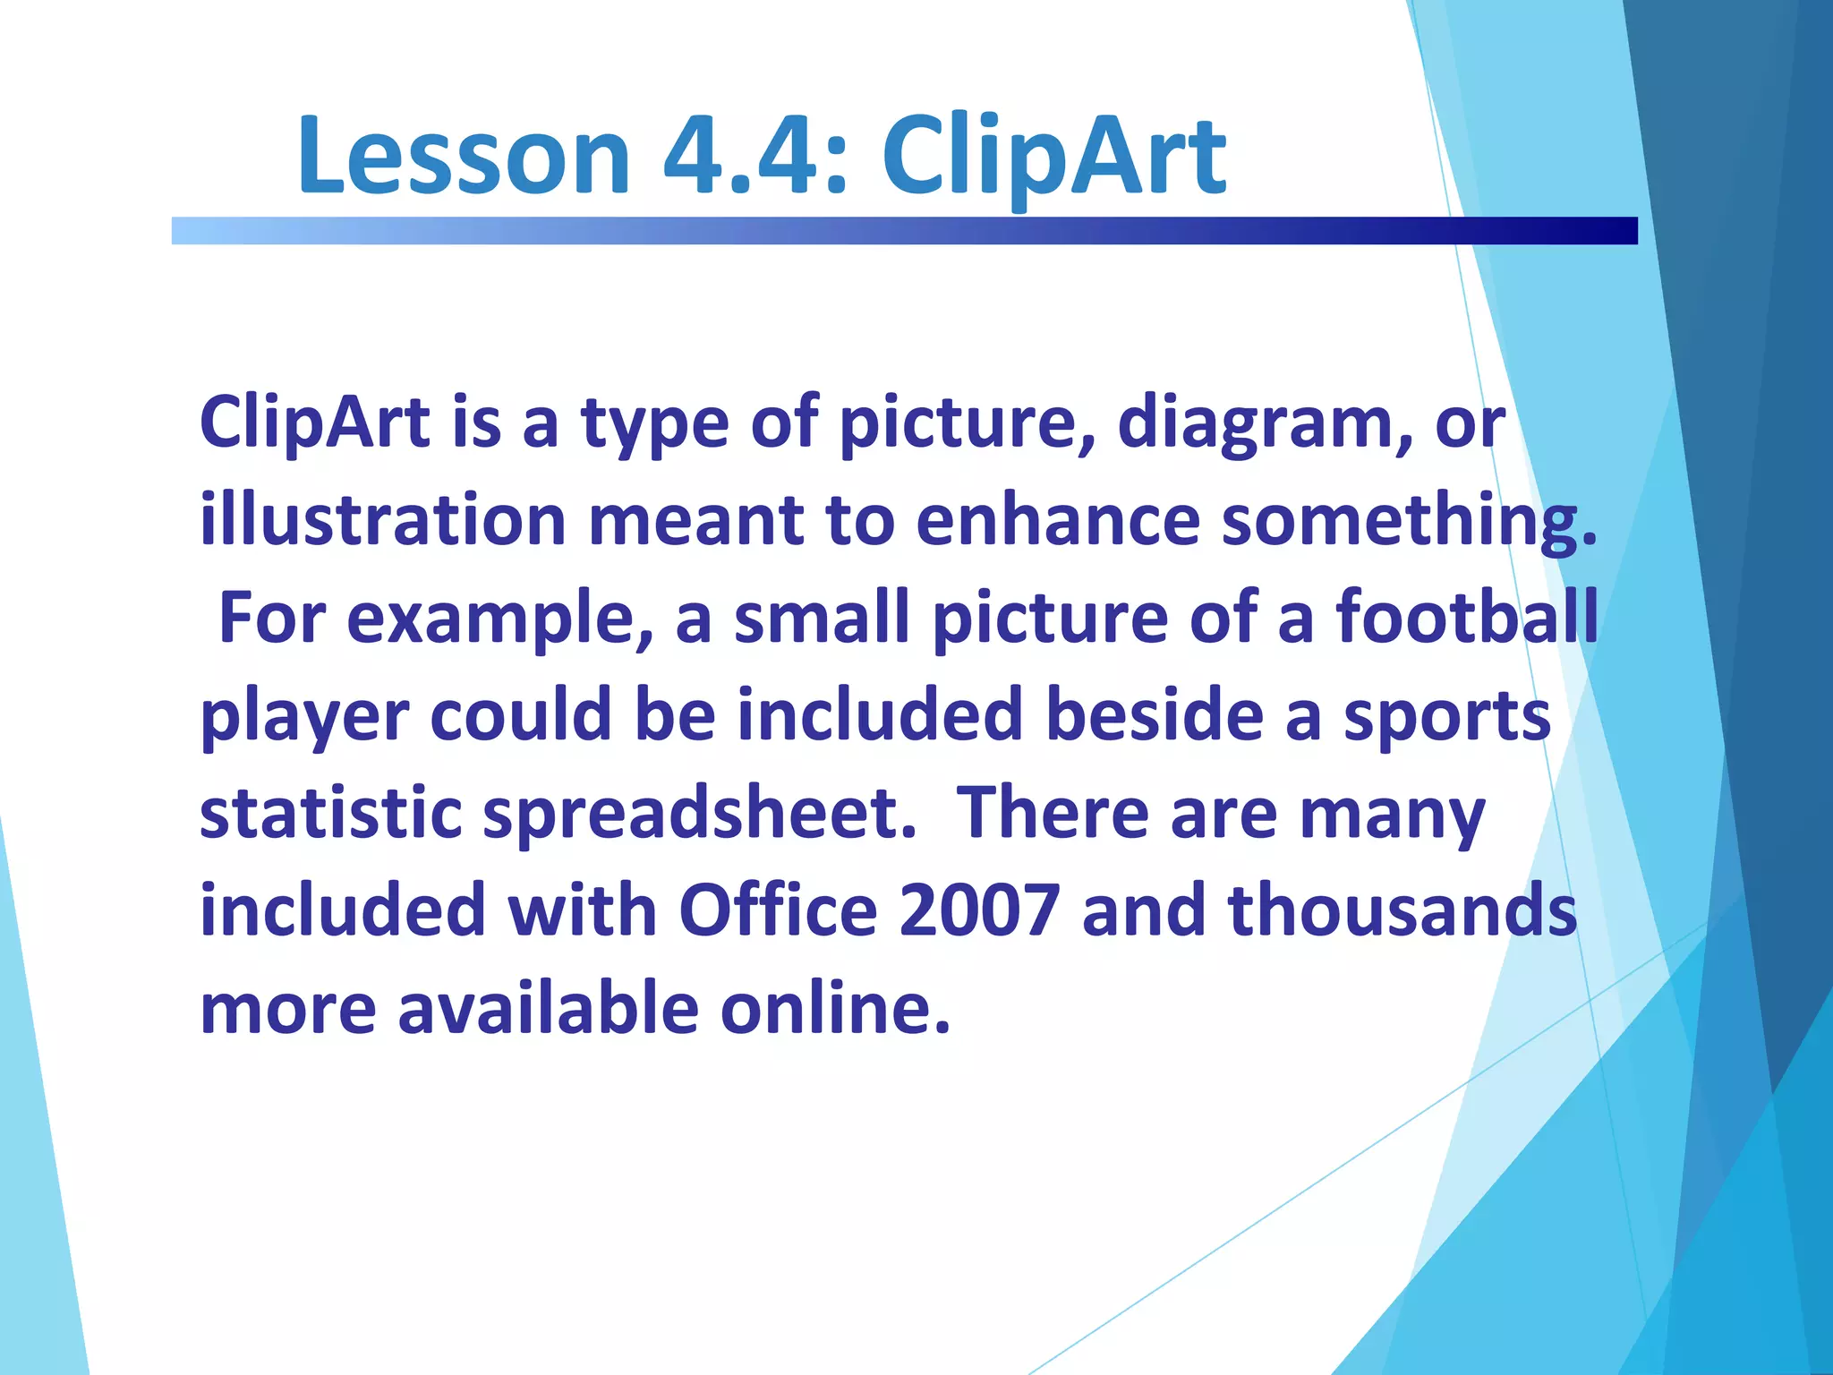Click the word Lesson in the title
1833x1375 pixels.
tap(464, 157)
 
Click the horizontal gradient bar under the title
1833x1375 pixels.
tap(904, 231)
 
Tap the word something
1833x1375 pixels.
tap(1409, 522)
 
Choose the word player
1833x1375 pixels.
tap(304, 718)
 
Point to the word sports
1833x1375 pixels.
tap(1446, 718)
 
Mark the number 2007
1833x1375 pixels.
tap(979, 911)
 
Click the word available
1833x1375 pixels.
tap(548, 1008)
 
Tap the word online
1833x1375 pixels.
tap(835, 1008)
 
